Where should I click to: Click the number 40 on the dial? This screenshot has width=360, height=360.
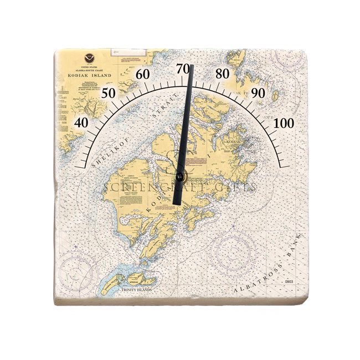(81, 122)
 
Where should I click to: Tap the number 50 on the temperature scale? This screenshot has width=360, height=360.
(109, 92)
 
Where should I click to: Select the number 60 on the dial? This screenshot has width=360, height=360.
(143, 74)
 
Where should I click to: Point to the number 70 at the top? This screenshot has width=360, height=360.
(183, 69)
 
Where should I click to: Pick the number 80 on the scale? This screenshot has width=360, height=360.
(223, 74)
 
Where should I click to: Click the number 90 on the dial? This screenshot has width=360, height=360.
(258, 92)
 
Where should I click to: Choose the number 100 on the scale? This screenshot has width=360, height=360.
(284, 123)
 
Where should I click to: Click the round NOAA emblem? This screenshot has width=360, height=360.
(90, 58)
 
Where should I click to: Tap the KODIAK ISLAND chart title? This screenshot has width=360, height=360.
(89, 75)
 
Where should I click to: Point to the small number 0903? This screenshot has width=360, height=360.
(289, 282)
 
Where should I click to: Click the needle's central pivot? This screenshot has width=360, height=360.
(181, 177)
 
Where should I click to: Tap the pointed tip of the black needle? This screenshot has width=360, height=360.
(192, 66)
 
